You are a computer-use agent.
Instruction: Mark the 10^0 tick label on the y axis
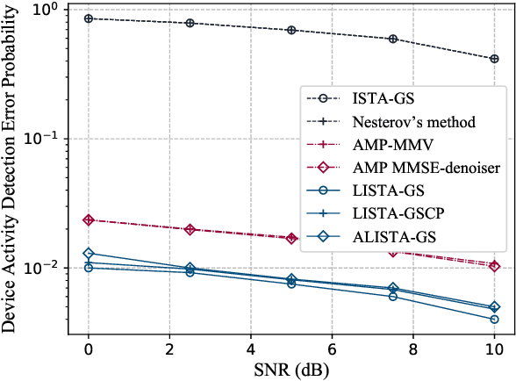click(x=45, y=11)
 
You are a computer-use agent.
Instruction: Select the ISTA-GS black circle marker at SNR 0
click(x=88, y=18)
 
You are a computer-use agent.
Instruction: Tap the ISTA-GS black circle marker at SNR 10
click(x=494, y=59)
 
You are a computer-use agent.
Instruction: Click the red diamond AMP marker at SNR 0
click(x=88, y=220)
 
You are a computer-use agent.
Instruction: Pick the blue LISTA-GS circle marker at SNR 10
click(x=494, y=319)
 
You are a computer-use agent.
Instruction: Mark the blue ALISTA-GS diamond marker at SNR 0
click(x=88, y=253)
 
